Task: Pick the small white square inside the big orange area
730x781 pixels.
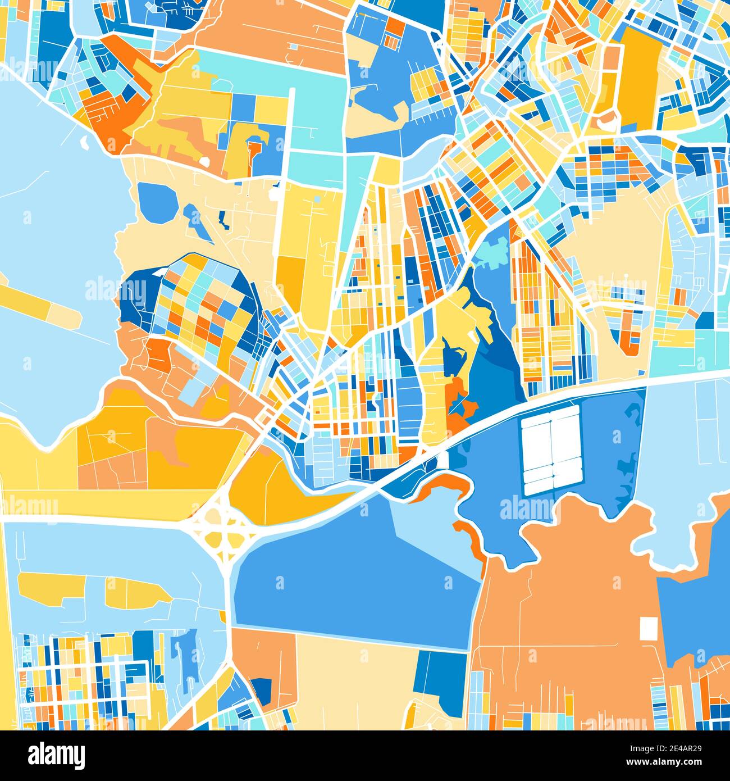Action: (648, 628)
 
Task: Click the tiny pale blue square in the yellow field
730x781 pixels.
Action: (318, 199)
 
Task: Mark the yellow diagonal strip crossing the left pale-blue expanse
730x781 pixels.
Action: (39, 304)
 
